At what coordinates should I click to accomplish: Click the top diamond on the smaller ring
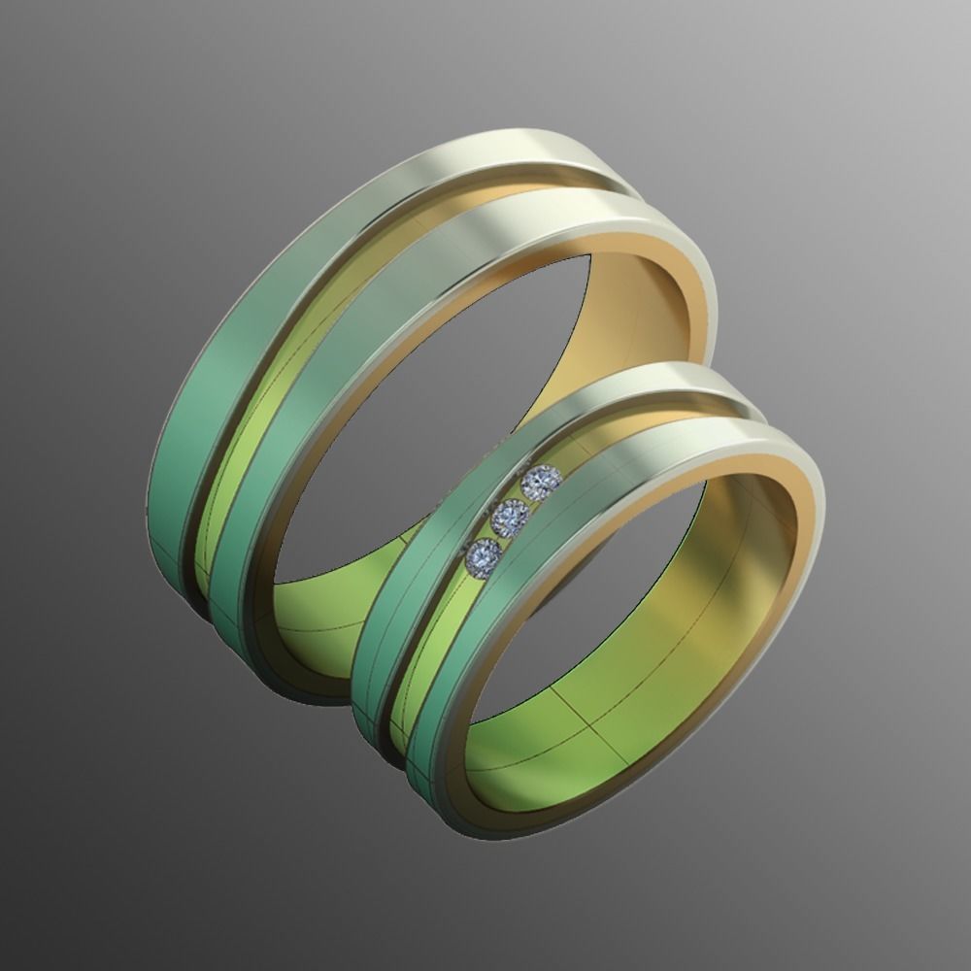click(541, 481)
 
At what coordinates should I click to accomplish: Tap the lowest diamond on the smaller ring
click(483, 556)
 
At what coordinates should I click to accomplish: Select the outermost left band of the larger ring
click(194, 437)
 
